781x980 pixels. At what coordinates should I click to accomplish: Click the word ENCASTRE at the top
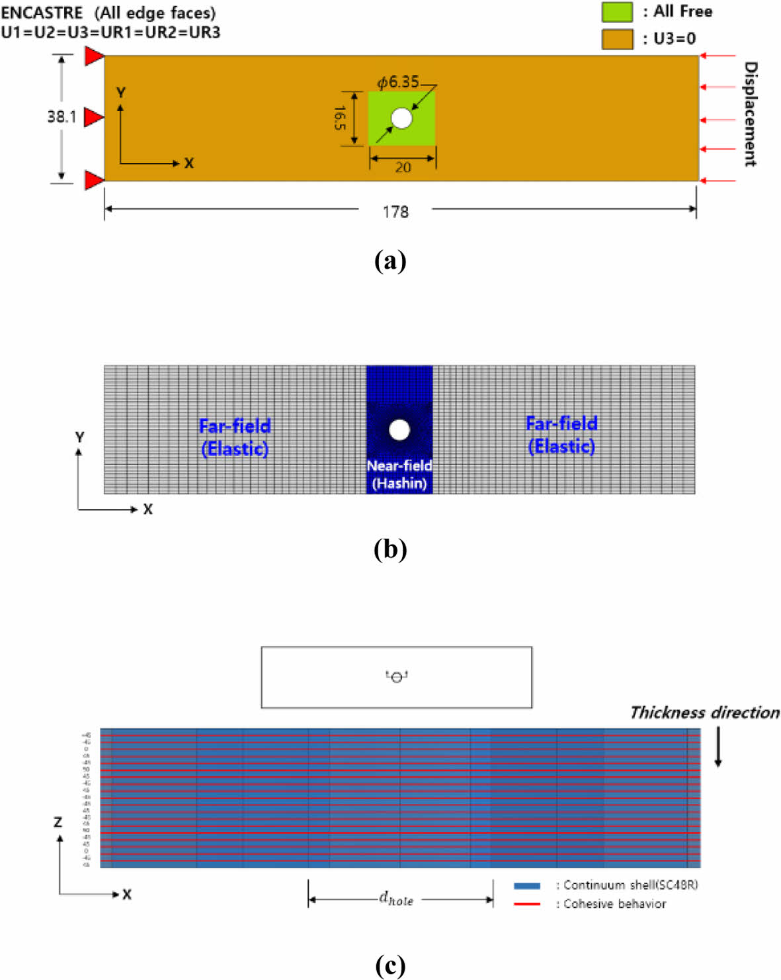tap(42, 13)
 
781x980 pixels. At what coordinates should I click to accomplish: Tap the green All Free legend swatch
tap(616, 12)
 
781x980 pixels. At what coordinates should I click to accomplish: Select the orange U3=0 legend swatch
tap(616, 39)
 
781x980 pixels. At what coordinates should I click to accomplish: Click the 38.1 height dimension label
tap(62, 117)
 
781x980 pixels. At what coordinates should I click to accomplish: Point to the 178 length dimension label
tap(395, 212)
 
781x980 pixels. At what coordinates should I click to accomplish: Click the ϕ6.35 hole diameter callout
tap(398, 82)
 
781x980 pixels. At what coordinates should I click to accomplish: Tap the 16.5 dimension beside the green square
tap(339, 118)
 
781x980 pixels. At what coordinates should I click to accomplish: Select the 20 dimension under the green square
tap(403, 167)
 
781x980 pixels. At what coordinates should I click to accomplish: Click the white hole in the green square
tap(401, 118)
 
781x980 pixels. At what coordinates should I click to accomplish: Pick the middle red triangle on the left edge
tap(94, 118)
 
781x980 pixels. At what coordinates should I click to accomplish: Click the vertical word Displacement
tap(750, 114)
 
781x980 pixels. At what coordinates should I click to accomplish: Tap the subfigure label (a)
tap(390, 261)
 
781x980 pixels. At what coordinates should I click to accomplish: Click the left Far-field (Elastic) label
tap(235, 437)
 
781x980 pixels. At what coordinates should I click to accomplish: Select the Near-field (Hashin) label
tap(399, 474)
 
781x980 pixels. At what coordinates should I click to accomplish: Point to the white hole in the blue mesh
tap(399, 429)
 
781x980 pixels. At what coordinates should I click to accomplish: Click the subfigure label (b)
tap(390, 549)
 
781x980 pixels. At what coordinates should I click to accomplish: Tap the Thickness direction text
tap(704, 713)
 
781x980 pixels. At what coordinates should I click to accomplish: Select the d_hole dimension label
tap(396, 899)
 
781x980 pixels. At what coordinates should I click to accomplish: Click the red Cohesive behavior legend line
tap(527, 904)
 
